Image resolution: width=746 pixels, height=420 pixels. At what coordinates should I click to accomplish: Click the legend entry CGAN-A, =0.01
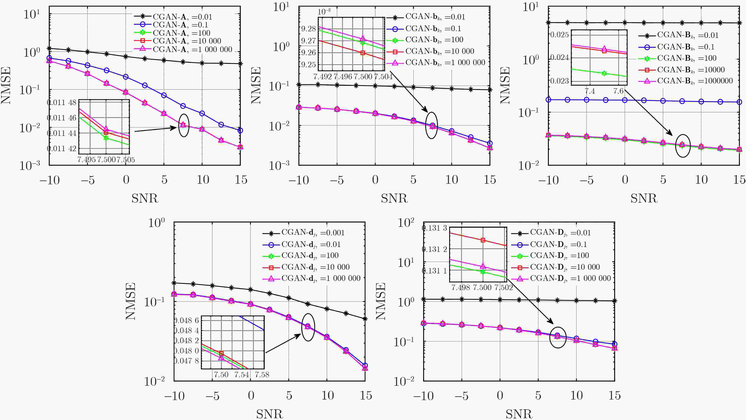click(182, 17)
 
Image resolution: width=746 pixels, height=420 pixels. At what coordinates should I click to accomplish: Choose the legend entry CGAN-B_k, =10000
click(691, 70)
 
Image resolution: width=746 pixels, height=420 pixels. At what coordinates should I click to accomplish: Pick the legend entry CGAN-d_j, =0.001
click(313, 233)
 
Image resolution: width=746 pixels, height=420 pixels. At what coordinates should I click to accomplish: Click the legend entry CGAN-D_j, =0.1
click(558, 244)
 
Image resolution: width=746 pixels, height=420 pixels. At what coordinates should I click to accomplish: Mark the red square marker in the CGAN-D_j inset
click(483, 240)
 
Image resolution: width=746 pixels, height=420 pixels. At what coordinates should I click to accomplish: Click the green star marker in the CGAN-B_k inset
click(604, 73)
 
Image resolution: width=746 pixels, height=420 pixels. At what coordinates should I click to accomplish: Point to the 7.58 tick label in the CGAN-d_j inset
click(262, 375)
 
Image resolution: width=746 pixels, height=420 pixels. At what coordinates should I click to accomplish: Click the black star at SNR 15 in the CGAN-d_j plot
click(365, 319)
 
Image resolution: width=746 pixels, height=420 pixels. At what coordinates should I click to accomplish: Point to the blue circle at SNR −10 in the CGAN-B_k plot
click(548, 100)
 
